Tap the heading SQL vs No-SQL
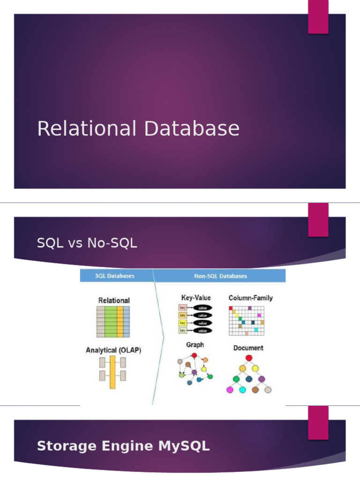87,243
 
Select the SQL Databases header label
115,276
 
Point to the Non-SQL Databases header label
220,276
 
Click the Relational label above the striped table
114,300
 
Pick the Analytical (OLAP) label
113,350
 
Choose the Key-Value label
196,298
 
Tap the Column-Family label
250,298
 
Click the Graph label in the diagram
195,345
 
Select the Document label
248,348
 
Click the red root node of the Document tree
249,358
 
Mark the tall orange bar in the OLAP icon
112,372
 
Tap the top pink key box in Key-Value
183,308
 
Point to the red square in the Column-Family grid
231,308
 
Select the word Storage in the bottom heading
62,446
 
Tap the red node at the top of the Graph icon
194,355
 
